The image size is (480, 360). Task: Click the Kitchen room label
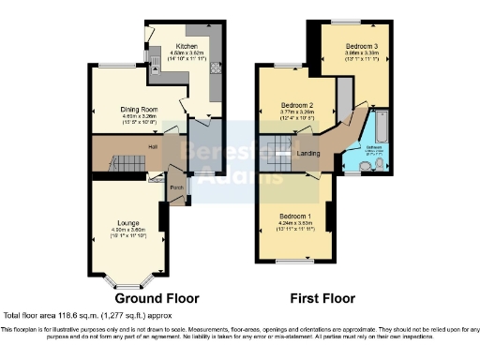tap(187, 44)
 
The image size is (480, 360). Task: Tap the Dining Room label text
tap(138, 109)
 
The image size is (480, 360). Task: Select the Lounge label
tap(128, 222)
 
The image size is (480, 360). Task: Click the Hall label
tap(152, 146)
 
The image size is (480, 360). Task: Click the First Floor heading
tap(321, 299)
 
